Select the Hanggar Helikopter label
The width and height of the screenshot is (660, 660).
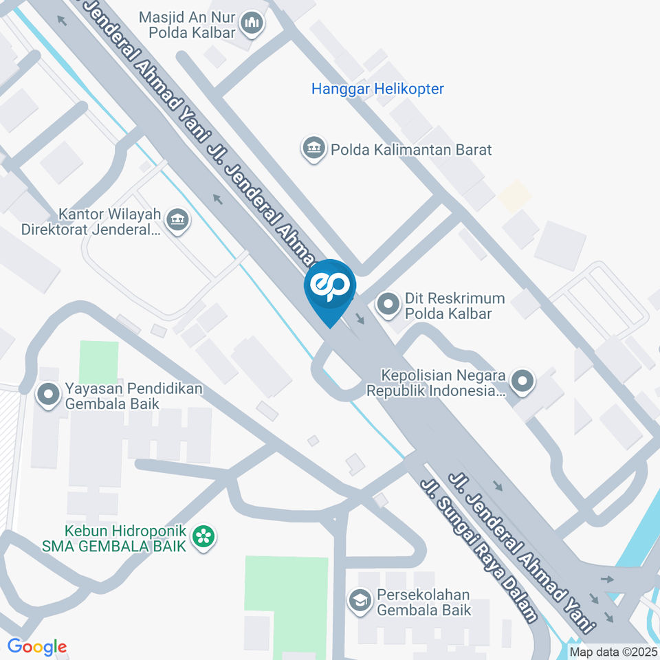coord(377,89)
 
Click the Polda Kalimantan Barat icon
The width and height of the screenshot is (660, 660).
coord(313,148)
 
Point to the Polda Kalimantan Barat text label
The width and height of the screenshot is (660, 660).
coord(411,149)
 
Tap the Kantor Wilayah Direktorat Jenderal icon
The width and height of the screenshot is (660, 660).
coord(179,221)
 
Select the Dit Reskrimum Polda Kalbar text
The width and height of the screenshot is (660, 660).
coord(454,306)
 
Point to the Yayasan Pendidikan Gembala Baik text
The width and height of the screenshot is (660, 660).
coord(133,396)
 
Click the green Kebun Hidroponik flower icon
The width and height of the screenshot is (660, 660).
coord(203,538)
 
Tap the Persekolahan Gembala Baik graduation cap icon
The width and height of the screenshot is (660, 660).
coord(358,601)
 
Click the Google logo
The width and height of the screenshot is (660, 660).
coord(37,646)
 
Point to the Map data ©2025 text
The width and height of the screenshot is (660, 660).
coord(613,651)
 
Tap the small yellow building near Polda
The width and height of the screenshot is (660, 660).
coord(515,196)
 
